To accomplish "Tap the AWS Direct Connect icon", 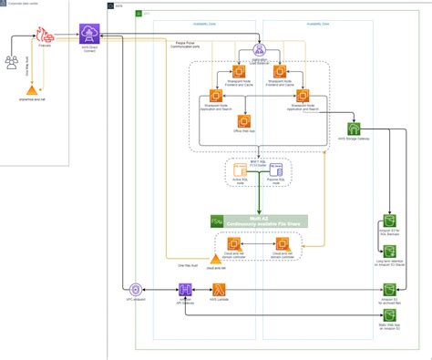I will (x=89, y=35).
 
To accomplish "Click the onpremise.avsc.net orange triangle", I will (x=34, y=89).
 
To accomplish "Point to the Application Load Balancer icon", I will (x=259, y=50).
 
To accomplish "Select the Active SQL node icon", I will (x=242, y=170).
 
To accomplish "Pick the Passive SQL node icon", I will (x=274, y=170).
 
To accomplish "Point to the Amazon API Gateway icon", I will (x=185, y=289).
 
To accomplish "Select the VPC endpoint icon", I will (x=136, y=289).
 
